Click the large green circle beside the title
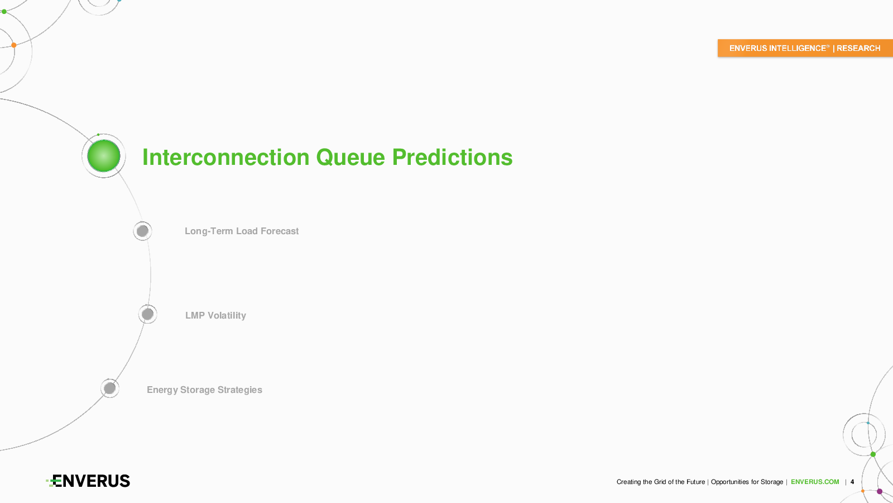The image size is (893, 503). click(x=104, y=156)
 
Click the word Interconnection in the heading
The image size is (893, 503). click(x=225, y=157)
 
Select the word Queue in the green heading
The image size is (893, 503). click(x=351, y=158)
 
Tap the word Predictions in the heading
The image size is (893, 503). click(x=452, y=157)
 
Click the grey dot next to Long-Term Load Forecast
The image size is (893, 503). click(x=142, y=231)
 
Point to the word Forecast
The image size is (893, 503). click(x=280, y=231)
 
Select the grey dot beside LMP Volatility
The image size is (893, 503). click(x=147, y=314)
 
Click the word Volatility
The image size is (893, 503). click(x=227, y=315)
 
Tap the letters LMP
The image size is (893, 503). click(x=195, y=315)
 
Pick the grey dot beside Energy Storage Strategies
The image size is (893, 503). click(x=109, y=388)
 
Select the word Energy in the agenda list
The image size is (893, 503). click(x=162, y=390)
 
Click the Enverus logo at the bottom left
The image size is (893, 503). click(x=88, y=481)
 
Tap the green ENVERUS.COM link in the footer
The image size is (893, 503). click(x=815, y=482)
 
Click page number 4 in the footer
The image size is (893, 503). click(x=852, y=482)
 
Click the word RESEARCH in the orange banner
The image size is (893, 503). click(x=858, y=48)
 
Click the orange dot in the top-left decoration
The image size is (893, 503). click(x=14, y=45)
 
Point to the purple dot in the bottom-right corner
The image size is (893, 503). click(x=880, y=491)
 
